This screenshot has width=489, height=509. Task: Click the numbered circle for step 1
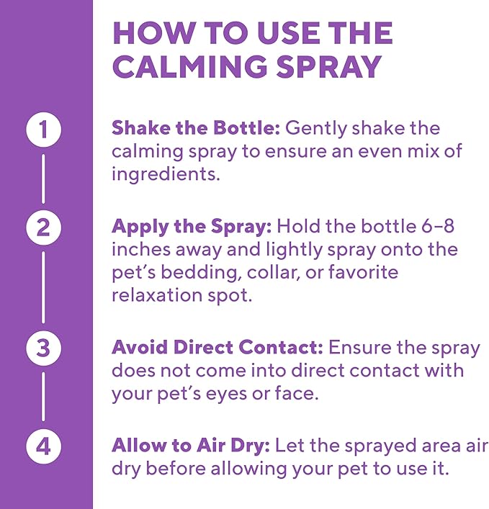[44, 130]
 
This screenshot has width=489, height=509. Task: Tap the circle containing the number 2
[44, 228]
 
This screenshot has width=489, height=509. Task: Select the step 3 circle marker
[44, 348]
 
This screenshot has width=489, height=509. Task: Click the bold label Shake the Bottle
[195, 128]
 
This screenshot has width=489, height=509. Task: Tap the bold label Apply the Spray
[192, 226]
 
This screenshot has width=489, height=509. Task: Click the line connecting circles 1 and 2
[44, 179]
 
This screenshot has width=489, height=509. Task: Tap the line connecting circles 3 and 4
[44, 397]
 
